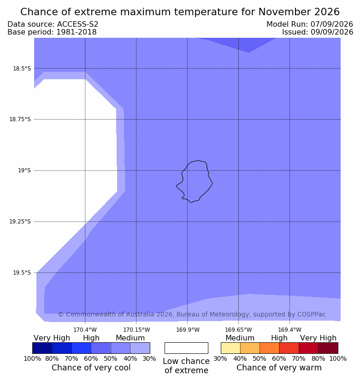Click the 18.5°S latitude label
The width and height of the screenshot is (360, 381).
[22, 69]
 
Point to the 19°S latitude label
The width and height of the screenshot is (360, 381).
[24, 170]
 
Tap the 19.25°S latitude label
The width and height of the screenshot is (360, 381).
[20, 222]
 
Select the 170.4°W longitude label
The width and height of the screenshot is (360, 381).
[85, 330]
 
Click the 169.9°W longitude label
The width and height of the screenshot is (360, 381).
[188, 330]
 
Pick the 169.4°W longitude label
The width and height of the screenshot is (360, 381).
[290, 330]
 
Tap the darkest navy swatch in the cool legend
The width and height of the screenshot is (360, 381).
[42, 348]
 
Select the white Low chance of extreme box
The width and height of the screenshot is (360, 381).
[186, 348]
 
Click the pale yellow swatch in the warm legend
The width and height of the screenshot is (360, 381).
[230, 348]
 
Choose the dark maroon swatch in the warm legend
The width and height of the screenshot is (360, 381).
[328, 348]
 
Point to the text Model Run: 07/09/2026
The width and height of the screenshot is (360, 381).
[310, 24]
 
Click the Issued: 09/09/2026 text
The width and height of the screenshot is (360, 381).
[318, 32]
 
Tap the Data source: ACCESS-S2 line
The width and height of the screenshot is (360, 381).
[53, 24]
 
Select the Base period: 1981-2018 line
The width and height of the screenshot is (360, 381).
[52, 32]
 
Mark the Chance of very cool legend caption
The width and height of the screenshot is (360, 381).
[91, 368]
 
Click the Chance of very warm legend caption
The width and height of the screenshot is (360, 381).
[279, 368]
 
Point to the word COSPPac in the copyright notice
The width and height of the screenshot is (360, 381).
[312, 314]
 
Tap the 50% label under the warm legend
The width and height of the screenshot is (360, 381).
[260, 358]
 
